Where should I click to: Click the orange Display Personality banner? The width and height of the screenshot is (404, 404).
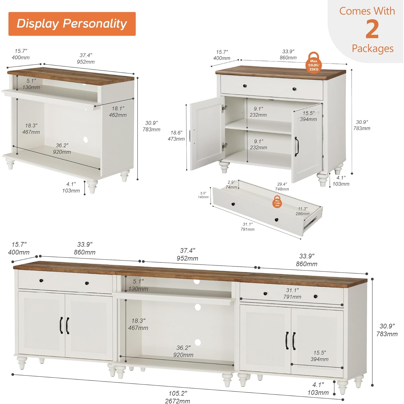click(x=72, y=24)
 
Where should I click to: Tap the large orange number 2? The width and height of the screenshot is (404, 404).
click(x=372, y=29)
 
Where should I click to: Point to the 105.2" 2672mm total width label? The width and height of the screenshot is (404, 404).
click(x=177, y=397)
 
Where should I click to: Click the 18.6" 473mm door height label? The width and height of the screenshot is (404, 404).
click(x=176, y=136)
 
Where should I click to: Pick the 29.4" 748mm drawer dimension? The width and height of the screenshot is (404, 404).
click(x=282, y=186)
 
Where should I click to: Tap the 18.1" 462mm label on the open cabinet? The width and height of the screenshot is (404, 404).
click(x=118, y=112)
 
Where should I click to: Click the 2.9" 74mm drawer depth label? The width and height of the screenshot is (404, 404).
click(x=231, y=185)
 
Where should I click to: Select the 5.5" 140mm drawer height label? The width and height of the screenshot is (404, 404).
click(x=203, y=195)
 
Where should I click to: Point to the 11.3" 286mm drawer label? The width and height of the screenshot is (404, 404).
click(x=302, y=211)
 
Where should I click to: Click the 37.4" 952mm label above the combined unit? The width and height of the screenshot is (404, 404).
click(x=187, y=254)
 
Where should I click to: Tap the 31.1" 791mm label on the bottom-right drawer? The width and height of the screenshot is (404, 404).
click(x=292, y=293)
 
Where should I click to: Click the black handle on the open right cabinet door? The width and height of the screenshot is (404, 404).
click(x=297, y=147)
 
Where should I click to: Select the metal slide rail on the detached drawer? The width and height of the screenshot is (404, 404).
click(x=310, y=223)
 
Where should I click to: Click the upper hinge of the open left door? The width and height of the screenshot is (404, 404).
click(x=224, y=108)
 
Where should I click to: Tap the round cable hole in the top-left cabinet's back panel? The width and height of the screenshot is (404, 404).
click(x=85, y=140)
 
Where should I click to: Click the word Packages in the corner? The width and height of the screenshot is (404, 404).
click(x=372, y=48)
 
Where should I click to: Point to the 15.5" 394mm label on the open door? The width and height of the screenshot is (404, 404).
click(x=308, y=116)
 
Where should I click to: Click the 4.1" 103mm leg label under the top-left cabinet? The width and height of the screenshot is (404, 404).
click(x=71, y=187)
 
